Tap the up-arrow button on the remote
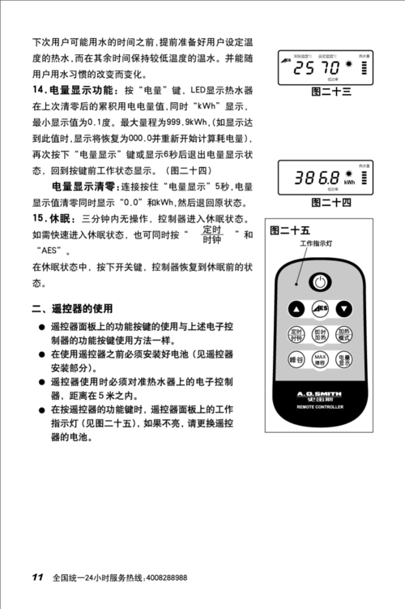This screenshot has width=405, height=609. pyautogui.click(x=296, y=308)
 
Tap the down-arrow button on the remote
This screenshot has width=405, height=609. pyautogui.click(x=345, y=308)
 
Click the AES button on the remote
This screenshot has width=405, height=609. pyautogui.click(x=321, y=308)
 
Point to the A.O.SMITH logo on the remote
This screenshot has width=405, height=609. pyautogui.click(x=321, y=392)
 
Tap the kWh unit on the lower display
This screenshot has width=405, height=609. pyautogui.click(x=349, y=182)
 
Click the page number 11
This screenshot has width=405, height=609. pyautogui.click(x=37, y=577)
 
